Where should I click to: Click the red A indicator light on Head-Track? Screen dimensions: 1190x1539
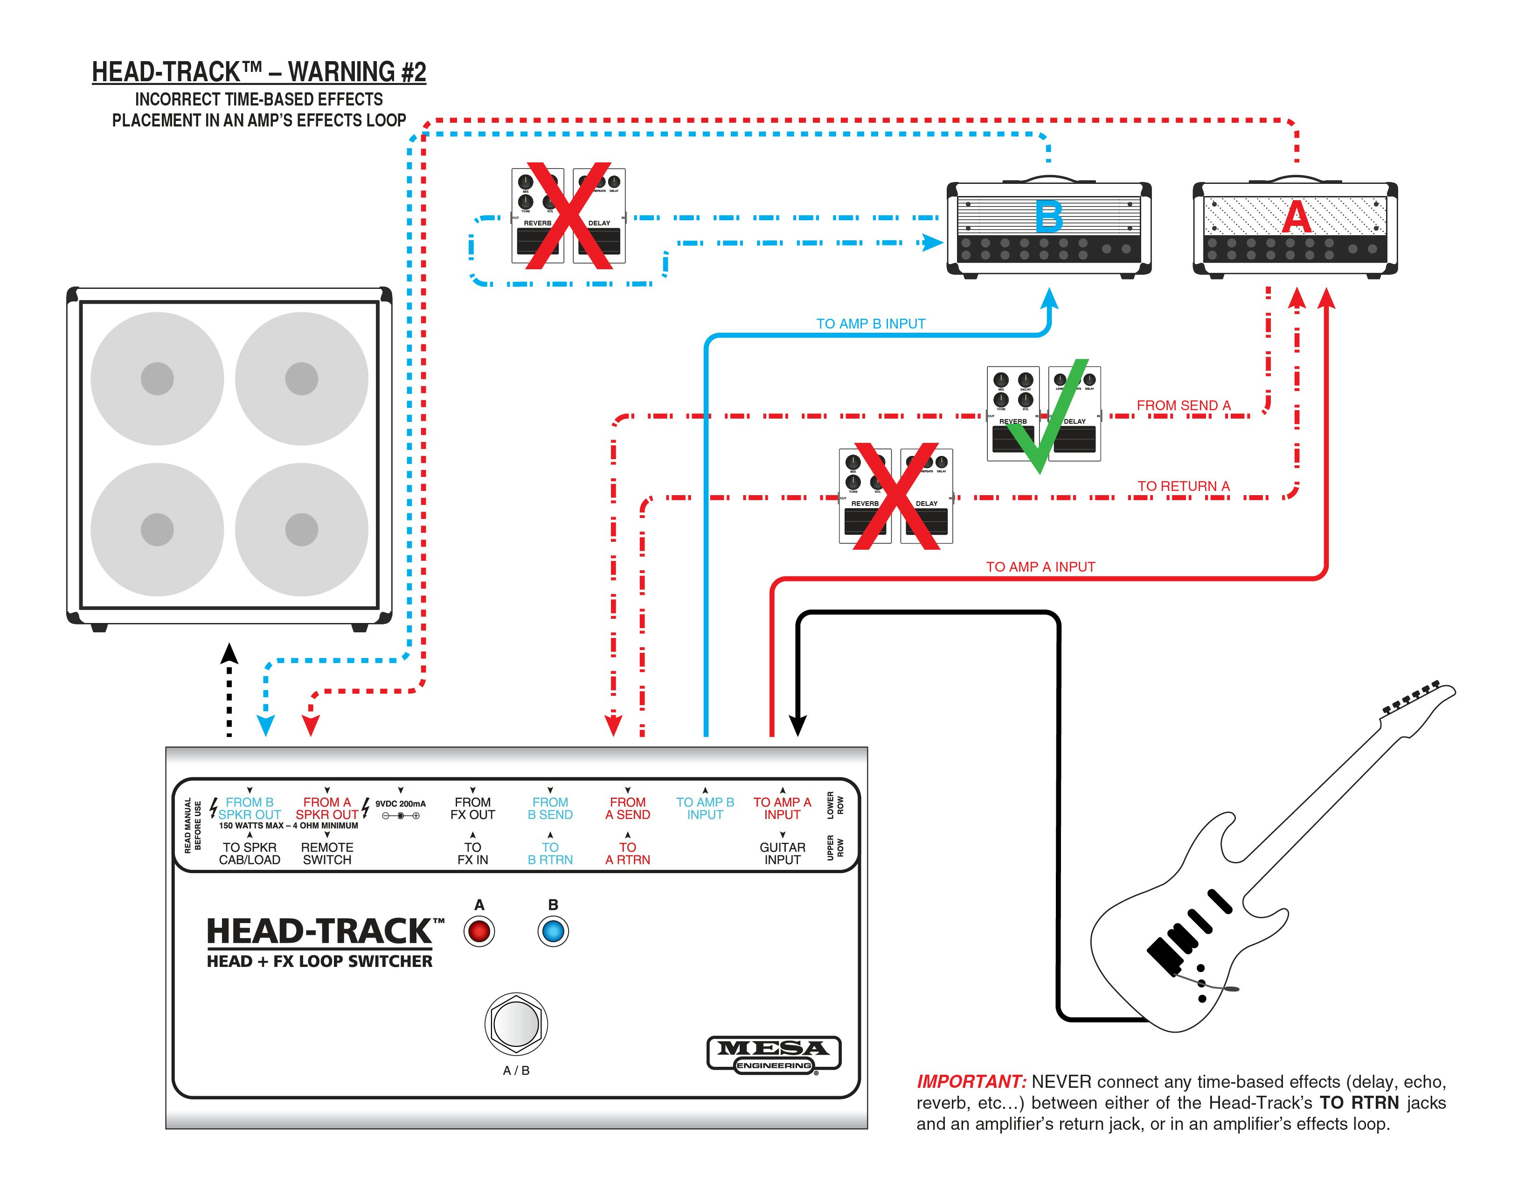click(x=479, y=931)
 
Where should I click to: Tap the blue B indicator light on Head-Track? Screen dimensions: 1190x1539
click(x=553, y=931)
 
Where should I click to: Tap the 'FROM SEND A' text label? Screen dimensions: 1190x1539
click(x=1183, y=406)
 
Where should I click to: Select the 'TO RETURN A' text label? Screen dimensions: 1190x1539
click(x=1183, y=486)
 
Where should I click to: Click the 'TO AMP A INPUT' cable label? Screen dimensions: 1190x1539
click(x=1040, y=567)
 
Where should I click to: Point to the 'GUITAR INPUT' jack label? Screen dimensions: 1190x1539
click(x=782, y=853)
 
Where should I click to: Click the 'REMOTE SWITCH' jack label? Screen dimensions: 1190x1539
click(x=327, y=853)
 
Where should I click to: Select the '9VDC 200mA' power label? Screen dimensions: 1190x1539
click(x=400, y=804)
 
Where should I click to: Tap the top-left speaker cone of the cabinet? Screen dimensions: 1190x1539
click(x=157, y=378)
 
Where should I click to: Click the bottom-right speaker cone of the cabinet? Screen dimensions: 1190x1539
click(x=302, y=530)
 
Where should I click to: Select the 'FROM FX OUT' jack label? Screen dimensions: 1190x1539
click(x=473, y=808)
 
